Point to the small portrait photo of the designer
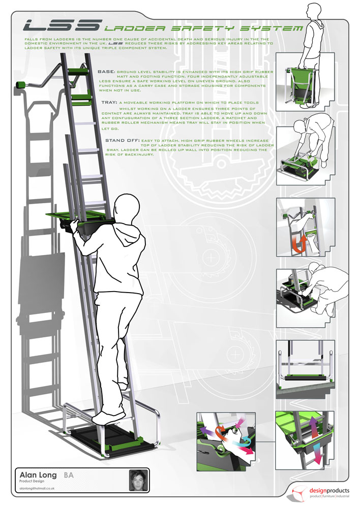(x=136, y=480)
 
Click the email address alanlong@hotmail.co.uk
(x=37, y=488)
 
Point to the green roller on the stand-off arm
(x=21, y=84)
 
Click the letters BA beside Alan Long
(x=69, y=475)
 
